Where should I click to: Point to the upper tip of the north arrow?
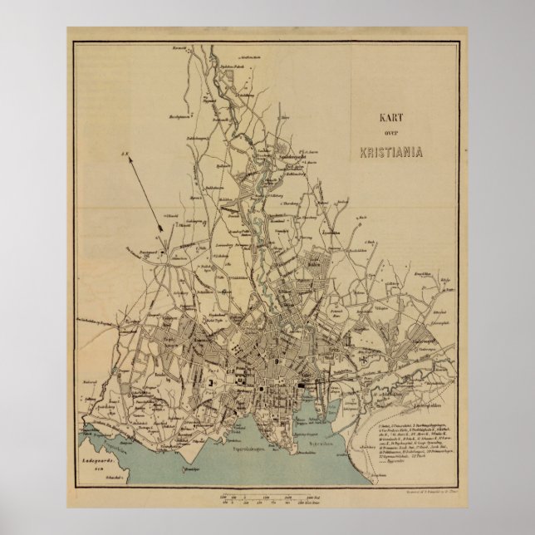pyautogui.click(x=127, y=155)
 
